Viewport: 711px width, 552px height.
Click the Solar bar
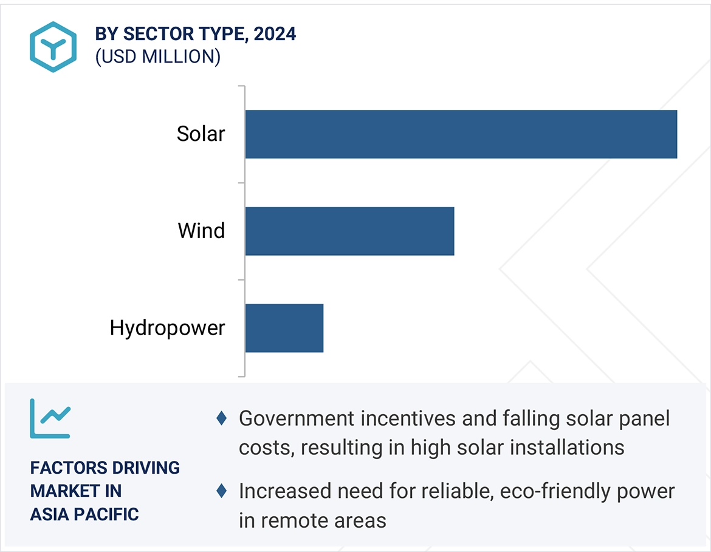[x=461, y=134]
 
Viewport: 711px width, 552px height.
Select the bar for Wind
[x=349, y=231]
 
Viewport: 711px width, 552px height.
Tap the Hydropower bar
[x=284, y=328]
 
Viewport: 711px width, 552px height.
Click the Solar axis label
[x=201, y=134]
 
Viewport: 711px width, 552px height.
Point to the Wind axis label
[x=201, y=231]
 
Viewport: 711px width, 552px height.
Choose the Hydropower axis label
[x=167, y=328]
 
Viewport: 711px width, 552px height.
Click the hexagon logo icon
[x=53, y=47]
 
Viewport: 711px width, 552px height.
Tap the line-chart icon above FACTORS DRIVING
[x=50, y=418]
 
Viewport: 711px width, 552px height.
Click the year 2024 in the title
[x=275, y=34]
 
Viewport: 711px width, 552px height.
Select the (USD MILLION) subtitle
[x=157, y=56]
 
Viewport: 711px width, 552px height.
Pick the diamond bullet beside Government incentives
[x=222, y=418]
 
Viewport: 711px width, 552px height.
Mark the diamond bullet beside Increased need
[x=222, y=490]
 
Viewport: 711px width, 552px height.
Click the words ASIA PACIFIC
[x=84, y=514]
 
